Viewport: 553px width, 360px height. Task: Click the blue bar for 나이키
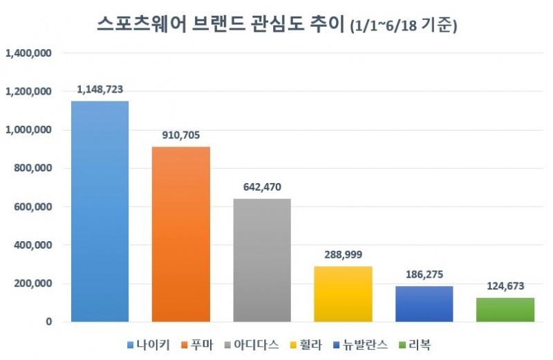100,211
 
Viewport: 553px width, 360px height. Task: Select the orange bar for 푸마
181,234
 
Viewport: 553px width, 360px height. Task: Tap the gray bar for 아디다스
262,260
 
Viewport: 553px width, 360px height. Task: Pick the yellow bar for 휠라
343,294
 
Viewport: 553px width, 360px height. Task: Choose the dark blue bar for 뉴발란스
424,304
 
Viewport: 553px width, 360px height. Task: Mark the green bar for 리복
505,310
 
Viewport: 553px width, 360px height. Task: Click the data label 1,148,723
100,90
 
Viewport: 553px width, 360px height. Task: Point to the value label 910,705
181,135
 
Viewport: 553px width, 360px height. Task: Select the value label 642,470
262,187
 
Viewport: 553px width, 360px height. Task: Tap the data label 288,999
343,255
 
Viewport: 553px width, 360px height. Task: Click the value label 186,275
424,274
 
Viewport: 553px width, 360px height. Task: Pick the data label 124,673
505,286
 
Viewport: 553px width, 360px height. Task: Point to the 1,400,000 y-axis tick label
29,53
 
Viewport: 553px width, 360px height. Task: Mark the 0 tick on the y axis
49,322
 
